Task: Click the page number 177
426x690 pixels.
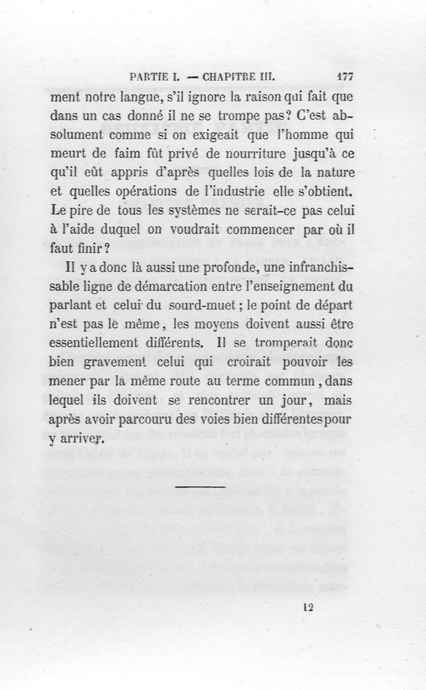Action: [x=346, y=76]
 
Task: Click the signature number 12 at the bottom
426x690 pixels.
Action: [x=307, y=608]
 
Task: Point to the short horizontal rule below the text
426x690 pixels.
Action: [x=200, y=486]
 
